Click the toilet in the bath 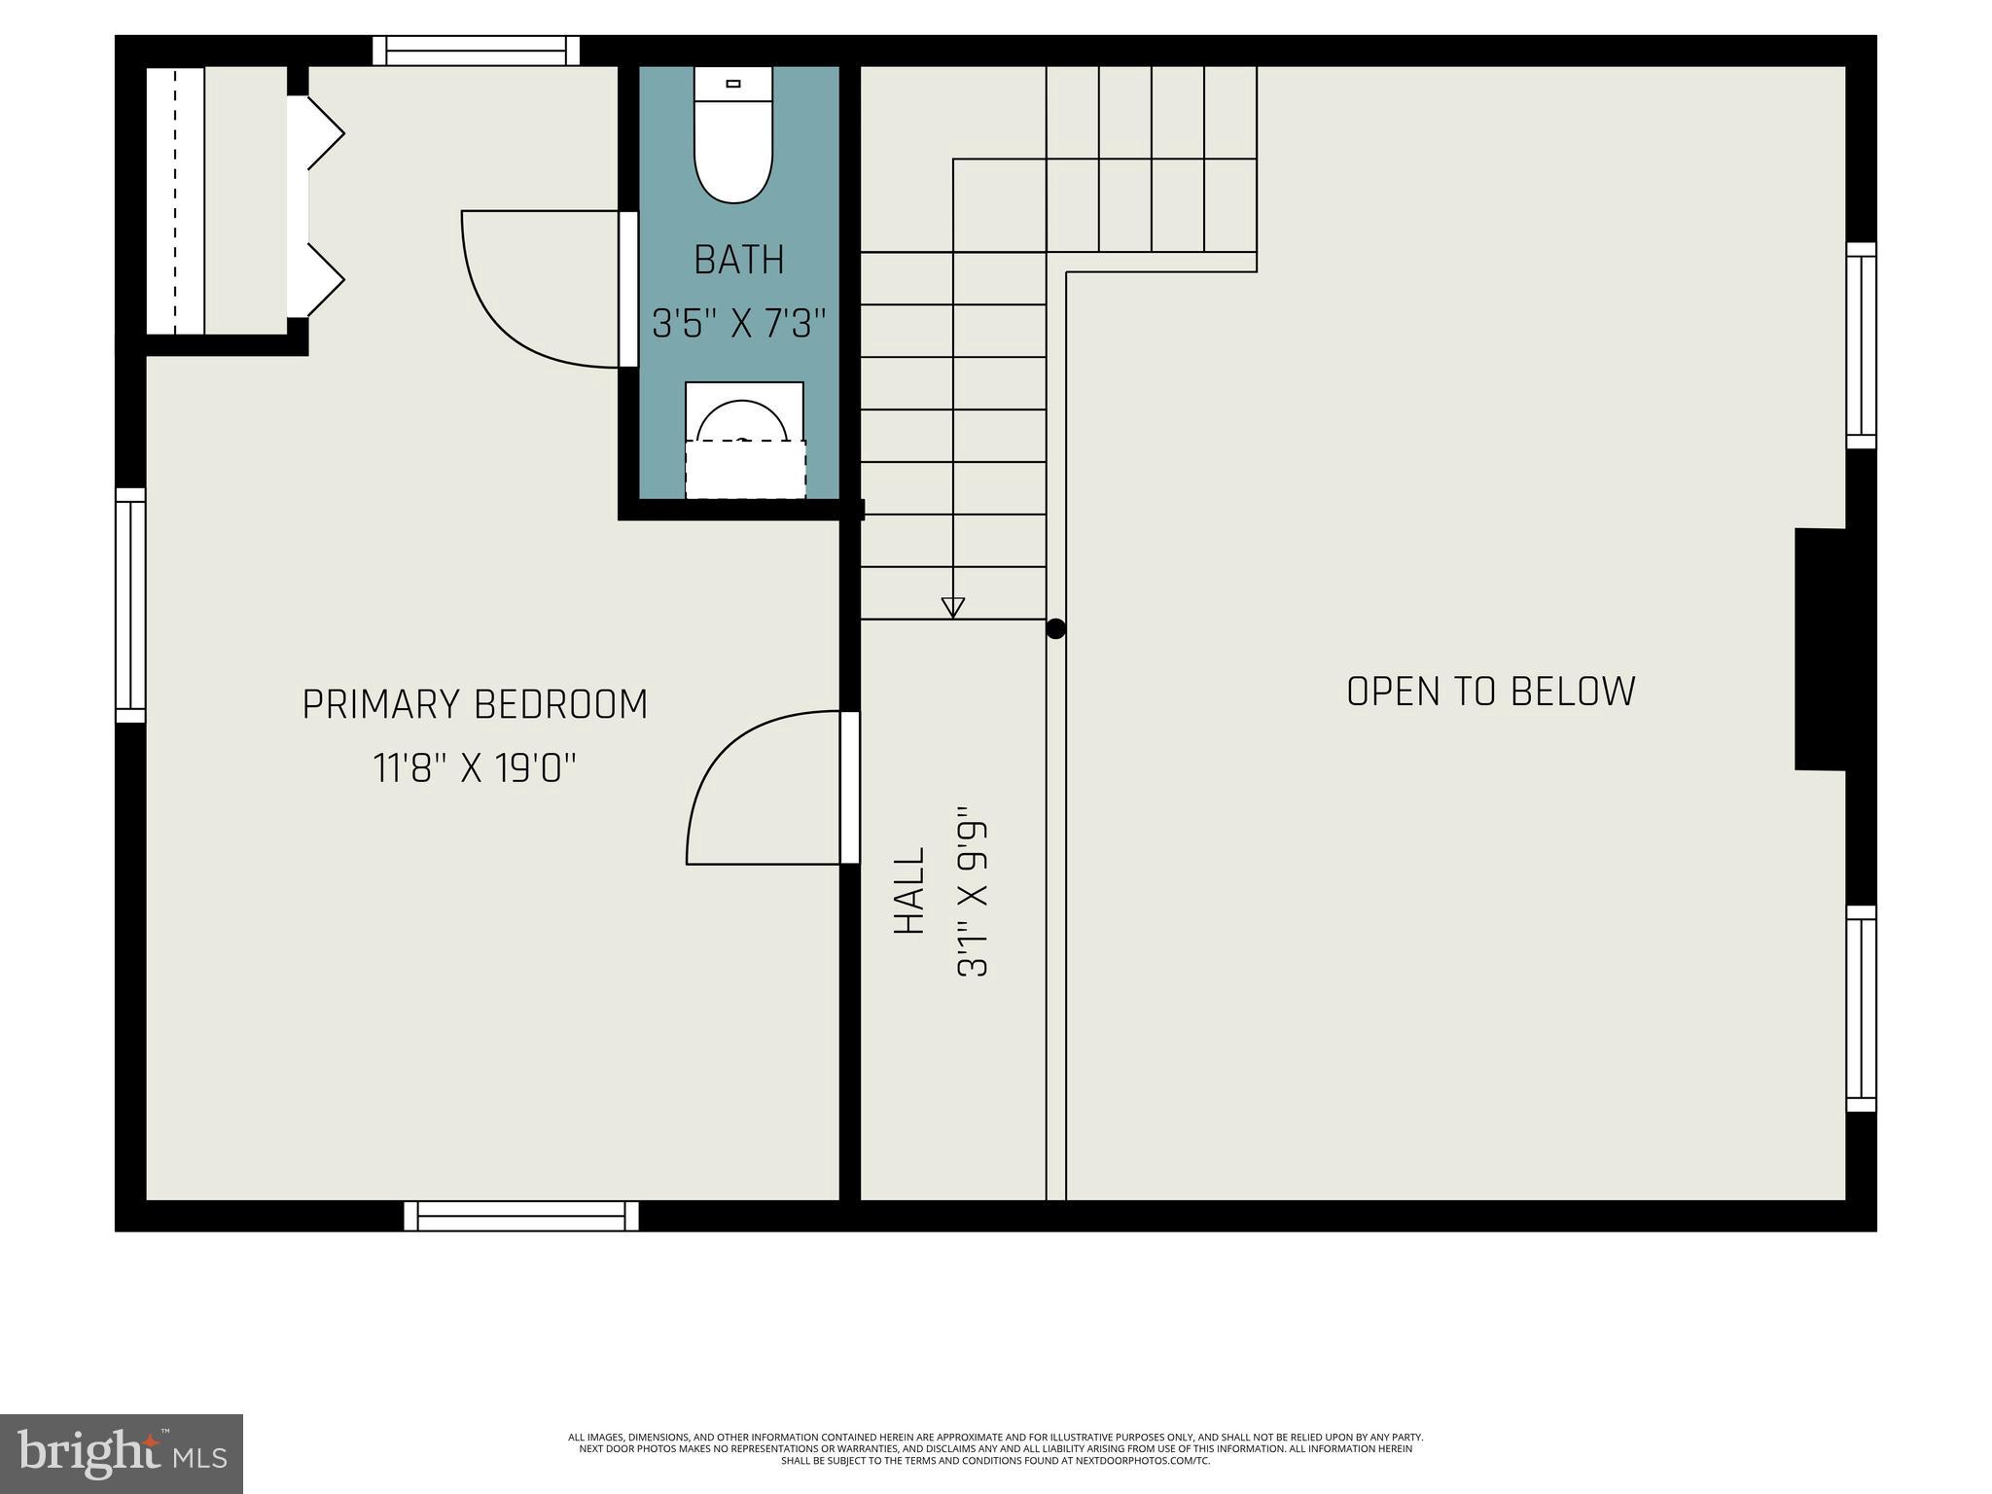click(733, 136)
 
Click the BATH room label click(739, 261)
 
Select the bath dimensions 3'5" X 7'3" click(739, 324)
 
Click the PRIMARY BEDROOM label click(475, 705)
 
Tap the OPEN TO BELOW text click(1490, 692)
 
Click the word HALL click(909, 891)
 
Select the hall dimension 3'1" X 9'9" click(974, 891)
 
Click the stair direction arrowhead click(953, 607)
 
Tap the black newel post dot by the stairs click(1056, 629)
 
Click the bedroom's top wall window click(476, 51)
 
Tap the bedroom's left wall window click(130, 605)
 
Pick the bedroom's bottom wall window click(521, 1216)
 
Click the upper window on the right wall click(1861, 345)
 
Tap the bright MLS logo click(122, 1454)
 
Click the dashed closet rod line click(176, 201)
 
